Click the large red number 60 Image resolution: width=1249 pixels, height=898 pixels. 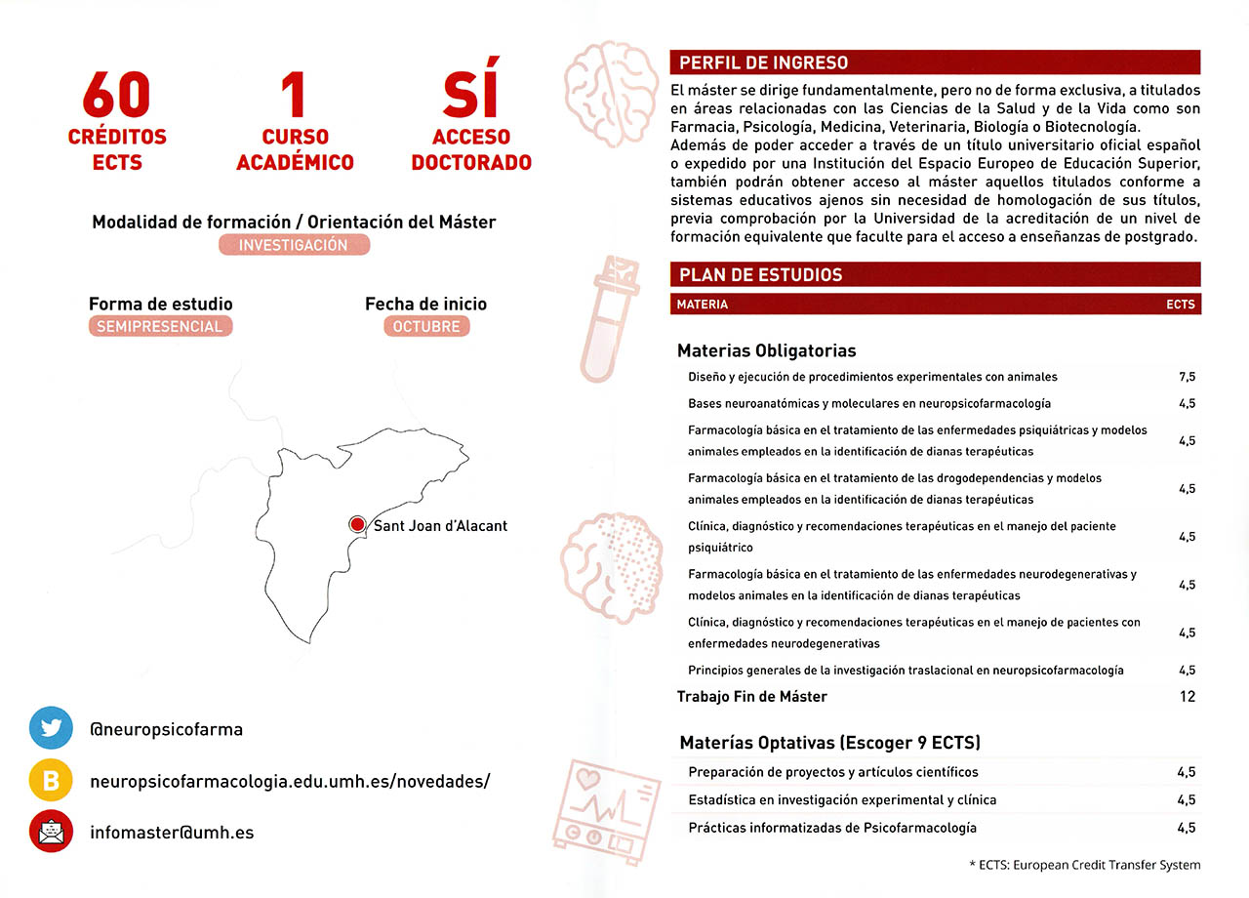[x=117, y=96]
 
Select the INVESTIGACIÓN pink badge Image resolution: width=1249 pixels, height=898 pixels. [x=294, y=246]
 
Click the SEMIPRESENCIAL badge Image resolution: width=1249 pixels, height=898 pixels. [x=160, y=327]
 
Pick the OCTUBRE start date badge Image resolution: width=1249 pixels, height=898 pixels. [x=426, y=327]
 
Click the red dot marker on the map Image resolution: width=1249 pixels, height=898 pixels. [x=357, y=525]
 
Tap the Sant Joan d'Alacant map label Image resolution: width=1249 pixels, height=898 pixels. [x=440, y=526]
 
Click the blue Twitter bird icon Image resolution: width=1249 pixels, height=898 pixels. [x=51, y=728]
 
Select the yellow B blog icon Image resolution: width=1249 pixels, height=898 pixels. [x=51, y=781]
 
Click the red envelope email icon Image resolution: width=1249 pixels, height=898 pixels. [x=51, y=833]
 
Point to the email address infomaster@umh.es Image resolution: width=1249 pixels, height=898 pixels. [x=172, y=833]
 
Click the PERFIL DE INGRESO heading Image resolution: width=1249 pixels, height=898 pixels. [x=763, y=63]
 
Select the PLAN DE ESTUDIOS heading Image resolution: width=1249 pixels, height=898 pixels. [x=760, y=275]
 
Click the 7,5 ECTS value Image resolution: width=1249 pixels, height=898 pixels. [x=1187, y=377]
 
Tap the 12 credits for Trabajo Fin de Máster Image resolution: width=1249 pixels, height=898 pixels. [x=1187, y=697]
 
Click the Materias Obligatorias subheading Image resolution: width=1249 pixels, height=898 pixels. [x=766, y=350]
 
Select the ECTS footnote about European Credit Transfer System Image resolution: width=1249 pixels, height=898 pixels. [x=1085, y=865]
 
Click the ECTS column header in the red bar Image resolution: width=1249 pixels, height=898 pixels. [x=1180, y=305]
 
